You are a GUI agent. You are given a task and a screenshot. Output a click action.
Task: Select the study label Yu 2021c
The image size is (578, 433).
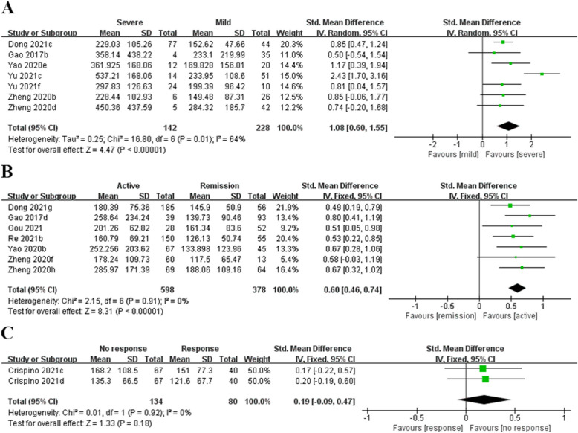pos(25,74)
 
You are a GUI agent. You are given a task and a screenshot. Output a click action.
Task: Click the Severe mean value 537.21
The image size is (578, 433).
pos(114,74)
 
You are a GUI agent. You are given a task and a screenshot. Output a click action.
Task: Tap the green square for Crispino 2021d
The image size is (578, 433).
pos(485,379)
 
